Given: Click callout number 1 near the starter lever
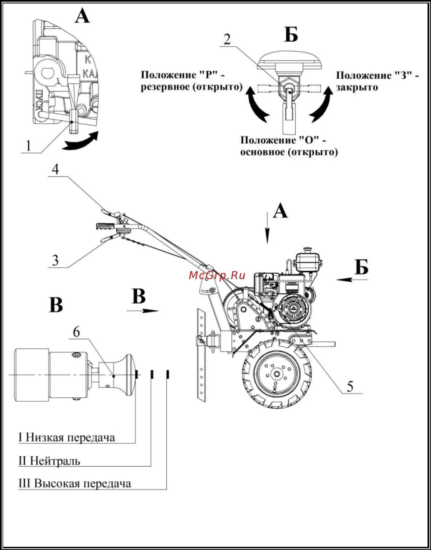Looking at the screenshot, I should click(x=28, y=146).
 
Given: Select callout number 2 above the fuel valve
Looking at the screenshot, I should click(x=227, y=39).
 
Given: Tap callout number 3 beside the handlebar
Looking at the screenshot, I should click(x=55, y=260).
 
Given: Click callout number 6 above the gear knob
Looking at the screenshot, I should click(x=77, y=332).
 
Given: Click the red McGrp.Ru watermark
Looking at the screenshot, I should click(x=217, y=276).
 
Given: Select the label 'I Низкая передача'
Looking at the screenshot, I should click(x=67, y=438).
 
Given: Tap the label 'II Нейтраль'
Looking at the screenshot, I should click(x=49, y=461).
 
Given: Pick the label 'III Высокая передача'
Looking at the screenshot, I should click(x=75, y=484).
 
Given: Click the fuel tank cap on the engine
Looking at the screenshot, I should click(x=307, y=249).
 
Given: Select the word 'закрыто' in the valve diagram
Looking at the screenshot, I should click(x=357, y=87).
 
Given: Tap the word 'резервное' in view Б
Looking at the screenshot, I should click(x=163, y=87).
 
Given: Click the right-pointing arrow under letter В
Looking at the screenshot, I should click(x=143, y=311).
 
